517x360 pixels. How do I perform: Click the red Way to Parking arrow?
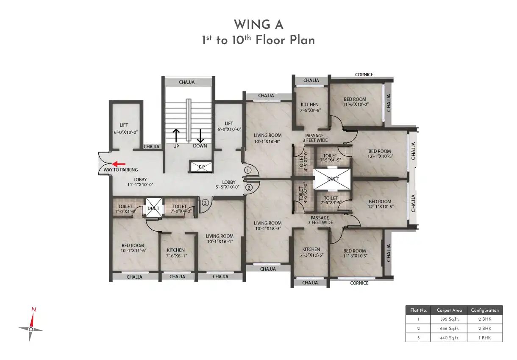click(x=119, y=164)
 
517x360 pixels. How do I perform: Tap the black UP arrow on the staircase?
click(x=176, y=136)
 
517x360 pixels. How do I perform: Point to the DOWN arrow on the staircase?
click(x=200, y=136)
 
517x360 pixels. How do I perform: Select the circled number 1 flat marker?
click(x=247, y=170)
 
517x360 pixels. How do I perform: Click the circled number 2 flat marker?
click(x=249, y=188)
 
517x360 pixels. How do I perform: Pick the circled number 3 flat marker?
click(x=205, y=203)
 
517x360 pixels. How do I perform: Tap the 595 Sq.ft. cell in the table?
click(x=449, y=319)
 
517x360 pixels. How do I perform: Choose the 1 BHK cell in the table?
click(x=485, y=338)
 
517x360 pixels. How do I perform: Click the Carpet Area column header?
click(x=449, y=310)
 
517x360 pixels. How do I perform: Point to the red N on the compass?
click(x=34, y=310)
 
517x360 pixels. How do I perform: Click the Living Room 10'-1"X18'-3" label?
click(x=268, y=226)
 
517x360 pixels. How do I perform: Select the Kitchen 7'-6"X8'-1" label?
click(x=176, y=253)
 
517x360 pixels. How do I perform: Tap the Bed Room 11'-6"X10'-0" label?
click(x=355, y=102)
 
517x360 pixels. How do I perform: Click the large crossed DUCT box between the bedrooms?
click(x=333, y=179)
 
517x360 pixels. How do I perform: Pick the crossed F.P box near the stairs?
click(x=201, y=167)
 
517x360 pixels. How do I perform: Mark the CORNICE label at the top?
click(x=364, y=75)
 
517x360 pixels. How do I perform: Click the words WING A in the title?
click(x=258, y=25)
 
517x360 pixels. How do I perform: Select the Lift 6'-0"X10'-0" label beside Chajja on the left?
click(x=125, y=129)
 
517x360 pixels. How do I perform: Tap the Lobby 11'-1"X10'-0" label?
click(x=140, y=182)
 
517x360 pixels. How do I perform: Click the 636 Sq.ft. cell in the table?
click(x=449, y=329)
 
